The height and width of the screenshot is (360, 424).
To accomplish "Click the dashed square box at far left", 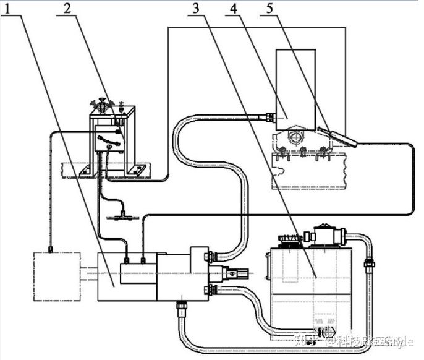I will pos(57,276).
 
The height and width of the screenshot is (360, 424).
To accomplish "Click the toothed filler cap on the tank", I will pos(289,240).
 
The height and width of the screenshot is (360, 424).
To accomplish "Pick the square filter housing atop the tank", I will pos(324,235).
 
